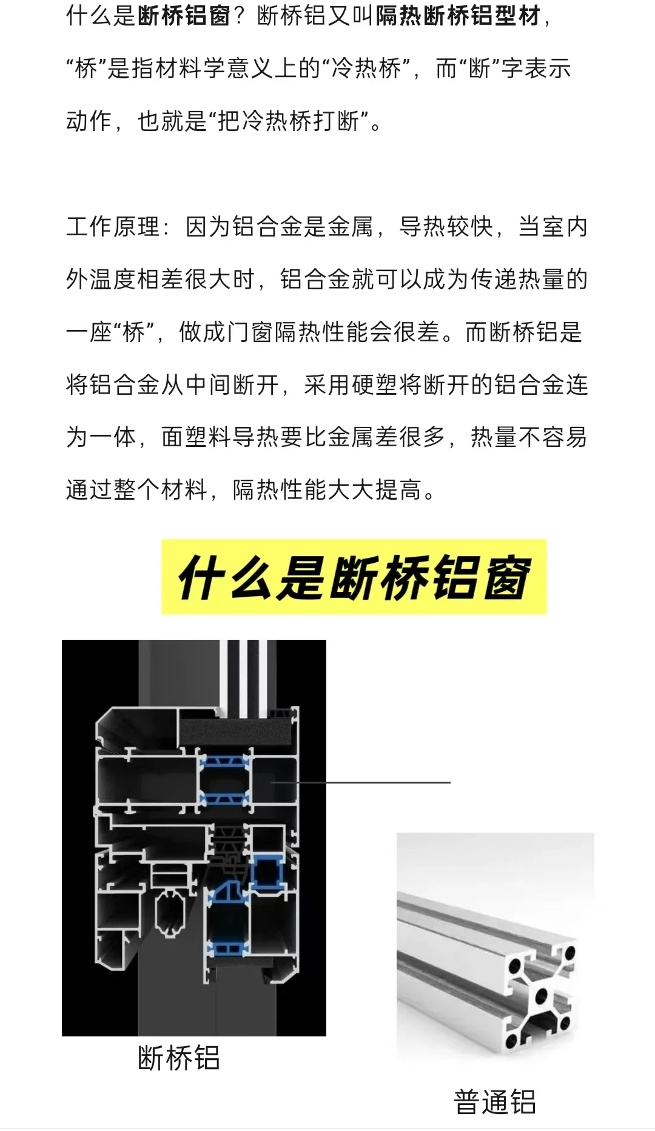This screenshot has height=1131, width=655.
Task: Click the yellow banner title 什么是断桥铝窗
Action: pos(354,577)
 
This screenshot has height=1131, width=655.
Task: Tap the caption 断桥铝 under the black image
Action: pos(178,1058)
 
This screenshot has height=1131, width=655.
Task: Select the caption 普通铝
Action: pos(495,1102)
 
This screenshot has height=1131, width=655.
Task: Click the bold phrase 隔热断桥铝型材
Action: pos(458,16)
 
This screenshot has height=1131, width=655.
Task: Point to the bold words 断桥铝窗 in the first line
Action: pos(184,16)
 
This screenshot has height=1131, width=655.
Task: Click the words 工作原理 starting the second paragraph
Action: pos(112,227)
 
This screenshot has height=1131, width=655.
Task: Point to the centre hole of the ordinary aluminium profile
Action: pos(541,995)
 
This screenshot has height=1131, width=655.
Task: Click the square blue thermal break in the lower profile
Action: pos(267,872)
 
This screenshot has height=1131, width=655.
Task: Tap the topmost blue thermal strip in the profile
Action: pos(224,762)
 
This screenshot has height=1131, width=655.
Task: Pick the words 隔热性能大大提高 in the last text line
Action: pos(327,490)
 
